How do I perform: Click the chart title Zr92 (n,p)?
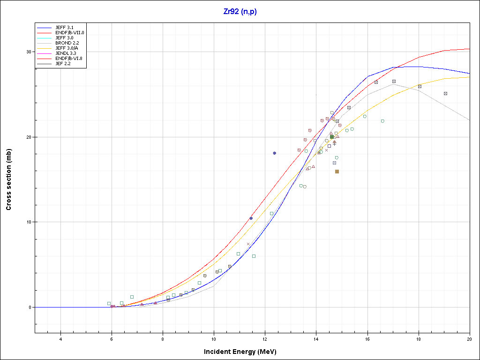tap(240, 12)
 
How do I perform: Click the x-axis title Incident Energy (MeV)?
tap(243, 352)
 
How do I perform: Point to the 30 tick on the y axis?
tap(29, 52)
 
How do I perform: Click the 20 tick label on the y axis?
tap(29, 137)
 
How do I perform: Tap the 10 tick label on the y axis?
tap(29, 222)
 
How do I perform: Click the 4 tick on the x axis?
tap(60, 339)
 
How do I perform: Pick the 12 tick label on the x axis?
tap(265, 339)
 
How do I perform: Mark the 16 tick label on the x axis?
tap(367, 339)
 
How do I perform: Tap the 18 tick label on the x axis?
tap(419, 339)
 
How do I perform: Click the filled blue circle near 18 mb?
tap(275, 153)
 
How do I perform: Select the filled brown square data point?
tap(337, 172)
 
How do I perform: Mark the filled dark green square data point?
tap(332, 137)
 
